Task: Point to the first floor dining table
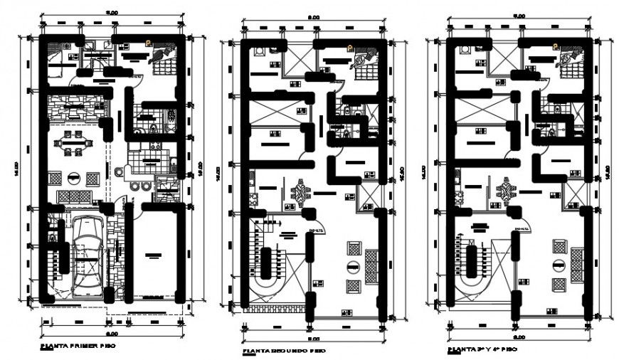(73, 147)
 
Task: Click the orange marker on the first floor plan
(149, 43)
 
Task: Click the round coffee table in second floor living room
(353, 266)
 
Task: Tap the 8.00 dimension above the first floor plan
(112, 12)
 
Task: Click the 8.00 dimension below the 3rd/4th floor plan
(519, 337)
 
